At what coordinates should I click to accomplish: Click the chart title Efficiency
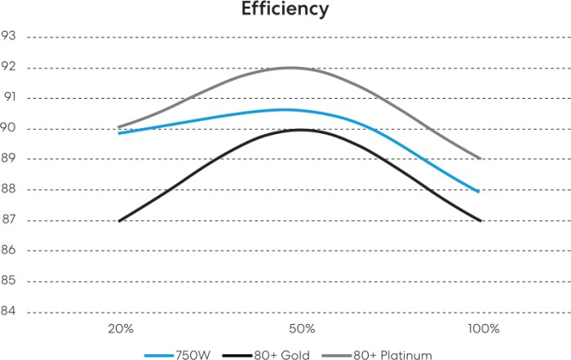(285, 10)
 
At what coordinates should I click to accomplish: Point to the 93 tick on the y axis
(10, 36)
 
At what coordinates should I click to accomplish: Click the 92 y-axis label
(10, 67)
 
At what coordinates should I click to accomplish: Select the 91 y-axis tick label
(10, 97)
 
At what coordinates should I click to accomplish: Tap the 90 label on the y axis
(10, 128)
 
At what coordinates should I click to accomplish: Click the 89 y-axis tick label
(10, 158)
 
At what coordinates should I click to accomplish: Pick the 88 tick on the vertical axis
(10, 189)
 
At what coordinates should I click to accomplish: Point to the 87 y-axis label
(10, 220)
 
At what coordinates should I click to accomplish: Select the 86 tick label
(10, 251)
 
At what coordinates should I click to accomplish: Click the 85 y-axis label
(10, 281)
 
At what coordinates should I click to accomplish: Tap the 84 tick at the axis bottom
(10, 312)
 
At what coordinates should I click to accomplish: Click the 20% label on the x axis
(120, 329)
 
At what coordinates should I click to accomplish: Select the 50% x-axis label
(302, 329)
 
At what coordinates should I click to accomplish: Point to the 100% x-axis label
(484, 329)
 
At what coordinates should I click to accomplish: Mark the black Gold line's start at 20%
(120, 220)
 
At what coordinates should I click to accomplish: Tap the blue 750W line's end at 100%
(478, 191)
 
